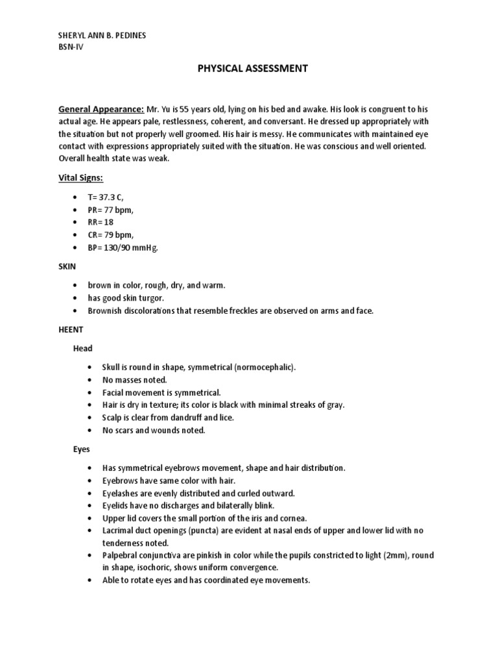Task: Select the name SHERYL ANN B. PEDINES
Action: click(102, 36)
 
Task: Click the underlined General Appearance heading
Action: click(101, 110)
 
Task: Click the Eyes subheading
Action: click(81, 449)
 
